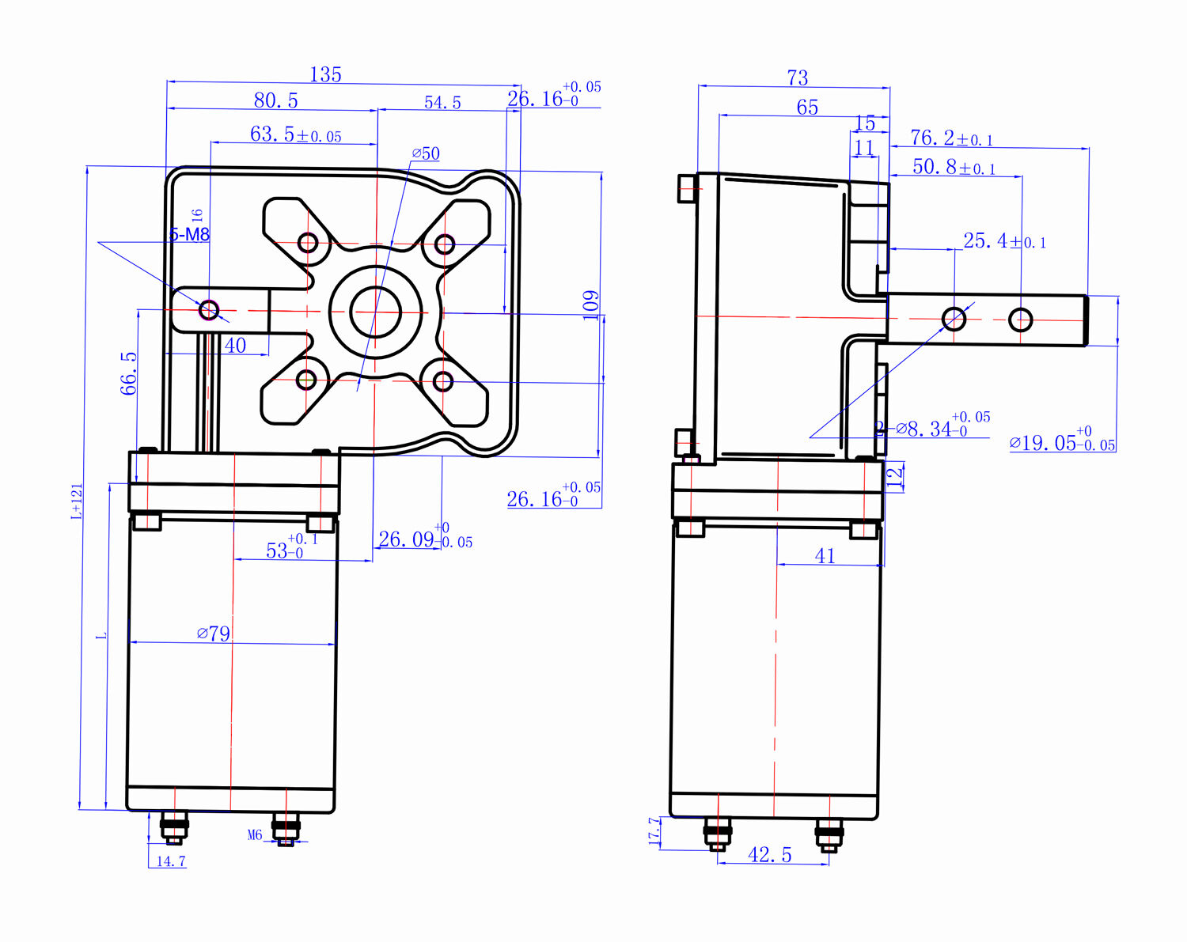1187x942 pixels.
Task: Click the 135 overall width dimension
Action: pyautogui.click(x=325, y=74)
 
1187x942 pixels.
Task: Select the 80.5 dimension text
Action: pyautogui.click(x=275, y=100)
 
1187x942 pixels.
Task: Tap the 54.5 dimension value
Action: pyautogui.click(x=442, y=102)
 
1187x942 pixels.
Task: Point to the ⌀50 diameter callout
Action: pyautogui.click(x=426, y=153)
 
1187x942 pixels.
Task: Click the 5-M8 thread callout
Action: pyautogui.click(x=190, y=234)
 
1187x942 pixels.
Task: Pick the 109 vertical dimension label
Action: pyautogui.click(x=590, y=305)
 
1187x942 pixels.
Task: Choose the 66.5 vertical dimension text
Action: pyautogui.click(x=128, y=373)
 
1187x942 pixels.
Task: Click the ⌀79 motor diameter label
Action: pyautogui.click(x=214, y=634)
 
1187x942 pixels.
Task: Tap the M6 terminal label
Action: pyautogui.click(x=255, y=835)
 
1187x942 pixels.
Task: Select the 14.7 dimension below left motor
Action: pyautogui.click(x=171, y=861)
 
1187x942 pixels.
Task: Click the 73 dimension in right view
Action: pyautogui.click(x=798, y=78)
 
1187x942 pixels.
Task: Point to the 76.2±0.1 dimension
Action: pyautogui.click(x=951, y=138)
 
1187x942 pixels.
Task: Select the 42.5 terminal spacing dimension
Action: pyautogui.click(x=769, y=855)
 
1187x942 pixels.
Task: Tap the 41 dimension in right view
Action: pyautogui.click(x=825, y=556)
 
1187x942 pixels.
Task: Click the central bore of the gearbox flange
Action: pyautogui.click(x=375, y=312)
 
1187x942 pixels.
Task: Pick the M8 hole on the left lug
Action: pyautogui.click(x=209, y=309)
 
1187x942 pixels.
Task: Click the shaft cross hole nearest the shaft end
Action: pyautogui.click(x=1021, y=320)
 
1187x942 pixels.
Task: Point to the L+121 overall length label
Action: pyautogui.click(x=77, y=501)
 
